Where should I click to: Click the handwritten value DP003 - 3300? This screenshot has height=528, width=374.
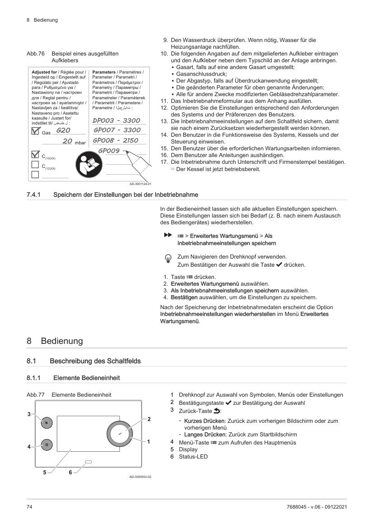[x=116, y=120]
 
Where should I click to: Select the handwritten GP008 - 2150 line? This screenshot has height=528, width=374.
[x=115, y=140]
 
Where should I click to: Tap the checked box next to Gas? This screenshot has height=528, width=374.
[x=35, y=131]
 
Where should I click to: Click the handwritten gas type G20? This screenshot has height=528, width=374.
[x=63, y=130]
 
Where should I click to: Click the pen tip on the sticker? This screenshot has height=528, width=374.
[x=128, y=152]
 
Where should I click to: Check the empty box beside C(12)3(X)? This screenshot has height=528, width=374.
[x=34, y=167]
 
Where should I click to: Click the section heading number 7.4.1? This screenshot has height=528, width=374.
[x=34, y=195]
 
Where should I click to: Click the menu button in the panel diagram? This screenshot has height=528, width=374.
[x=47, y=444]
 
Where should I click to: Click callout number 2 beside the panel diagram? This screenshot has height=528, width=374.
[x=149, y=419]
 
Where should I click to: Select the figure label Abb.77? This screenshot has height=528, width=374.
[x=35, y=394]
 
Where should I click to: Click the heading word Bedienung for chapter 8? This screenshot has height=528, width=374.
[x=62, y=341]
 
